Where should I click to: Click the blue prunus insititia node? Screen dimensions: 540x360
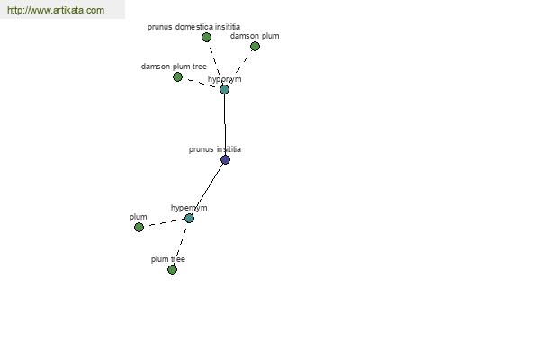225,159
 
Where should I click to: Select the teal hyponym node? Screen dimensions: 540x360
224,90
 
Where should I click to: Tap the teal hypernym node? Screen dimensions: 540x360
189,218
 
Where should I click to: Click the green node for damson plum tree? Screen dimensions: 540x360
177,76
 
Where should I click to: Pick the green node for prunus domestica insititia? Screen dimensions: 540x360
206,37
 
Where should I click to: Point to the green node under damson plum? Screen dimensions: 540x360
255,46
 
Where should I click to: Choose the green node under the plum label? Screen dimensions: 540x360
139,227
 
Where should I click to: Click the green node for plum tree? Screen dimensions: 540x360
172,269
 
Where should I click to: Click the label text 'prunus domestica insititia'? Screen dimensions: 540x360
193,27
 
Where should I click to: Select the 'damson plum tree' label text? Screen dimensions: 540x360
174,67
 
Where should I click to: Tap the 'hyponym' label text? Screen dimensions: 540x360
224,79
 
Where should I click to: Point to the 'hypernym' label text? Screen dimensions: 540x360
189,208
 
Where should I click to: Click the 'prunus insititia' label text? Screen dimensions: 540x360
214,149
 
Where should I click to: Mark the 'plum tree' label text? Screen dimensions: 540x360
168,259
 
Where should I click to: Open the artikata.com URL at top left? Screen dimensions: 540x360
56,10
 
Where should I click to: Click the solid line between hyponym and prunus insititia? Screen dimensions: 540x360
225,124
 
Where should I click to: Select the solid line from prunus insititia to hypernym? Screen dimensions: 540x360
207,189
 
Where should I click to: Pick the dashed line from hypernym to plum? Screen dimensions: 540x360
164,222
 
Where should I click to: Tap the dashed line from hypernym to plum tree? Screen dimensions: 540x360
181,244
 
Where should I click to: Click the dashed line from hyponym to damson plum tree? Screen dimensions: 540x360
201,83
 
